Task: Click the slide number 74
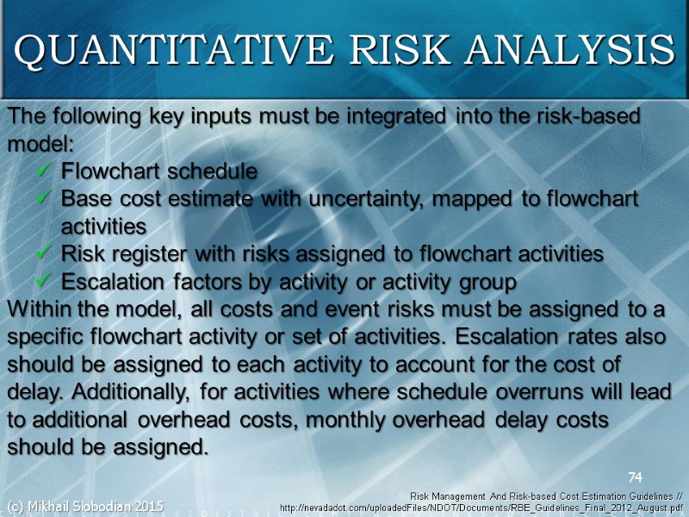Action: (x=636, y=477)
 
